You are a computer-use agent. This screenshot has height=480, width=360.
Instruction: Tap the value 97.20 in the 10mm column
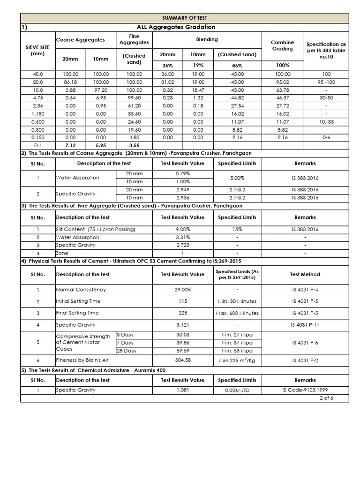(100, 90)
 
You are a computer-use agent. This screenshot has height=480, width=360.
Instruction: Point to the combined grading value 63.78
(283, 90)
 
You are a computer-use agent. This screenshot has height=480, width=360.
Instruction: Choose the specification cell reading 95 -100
(326, 82)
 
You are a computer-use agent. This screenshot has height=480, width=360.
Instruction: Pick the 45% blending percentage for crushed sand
(237, 66)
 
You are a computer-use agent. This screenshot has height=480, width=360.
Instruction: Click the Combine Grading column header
(283, 45)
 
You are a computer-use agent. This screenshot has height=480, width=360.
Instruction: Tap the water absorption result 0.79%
(183, 174)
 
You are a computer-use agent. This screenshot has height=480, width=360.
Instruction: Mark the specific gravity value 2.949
(183, 190)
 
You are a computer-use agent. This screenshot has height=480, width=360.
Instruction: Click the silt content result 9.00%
(183, 229)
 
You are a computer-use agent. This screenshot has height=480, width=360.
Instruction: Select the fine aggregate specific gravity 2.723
(183, 245)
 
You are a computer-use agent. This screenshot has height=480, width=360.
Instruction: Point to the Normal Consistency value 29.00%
(183, 290)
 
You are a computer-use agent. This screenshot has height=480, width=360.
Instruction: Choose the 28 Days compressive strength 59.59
(183, 351)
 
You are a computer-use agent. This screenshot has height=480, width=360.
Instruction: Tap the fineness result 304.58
(183, 360)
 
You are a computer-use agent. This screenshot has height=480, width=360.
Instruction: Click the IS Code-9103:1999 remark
(305, 390)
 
